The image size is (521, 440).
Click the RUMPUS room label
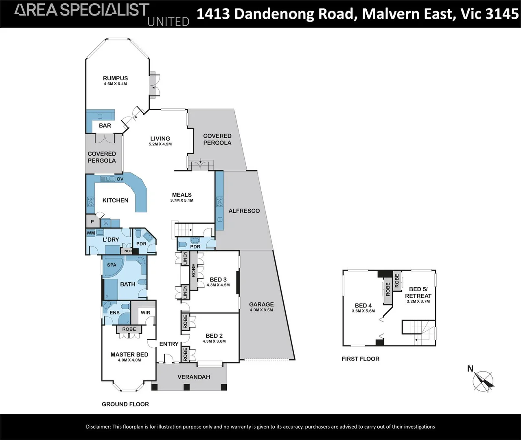coord(115,78)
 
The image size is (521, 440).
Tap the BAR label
coord(105,125)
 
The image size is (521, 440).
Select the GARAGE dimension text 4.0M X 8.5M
coord(261,310)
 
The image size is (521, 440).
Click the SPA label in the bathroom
coord(112,265)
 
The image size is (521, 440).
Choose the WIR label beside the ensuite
coord(145,312)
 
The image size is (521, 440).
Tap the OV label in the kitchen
coord(120,179)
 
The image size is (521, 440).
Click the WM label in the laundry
coord(91,233)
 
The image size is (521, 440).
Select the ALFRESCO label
coord(244,211)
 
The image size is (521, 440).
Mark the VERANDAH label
coord(194,377)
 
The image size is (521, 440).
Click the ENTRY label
coord(169,344)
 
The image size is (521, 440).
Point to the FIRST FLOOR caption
coord(360,359)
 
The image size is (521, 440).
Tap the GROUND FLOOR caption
coord(125,404)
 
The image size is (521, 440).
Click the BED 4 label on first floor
coord(363,305)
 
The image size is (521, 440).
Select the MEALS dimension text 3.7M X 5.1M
coord(182,200)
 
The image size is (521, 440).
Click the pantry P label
coord(92,222)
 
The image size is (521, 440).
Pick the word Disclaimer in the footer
coord(98,427)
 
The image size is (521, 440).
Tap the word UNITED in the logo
coord(168,21)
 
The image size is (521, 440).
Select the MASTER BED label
coord(129,354)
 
